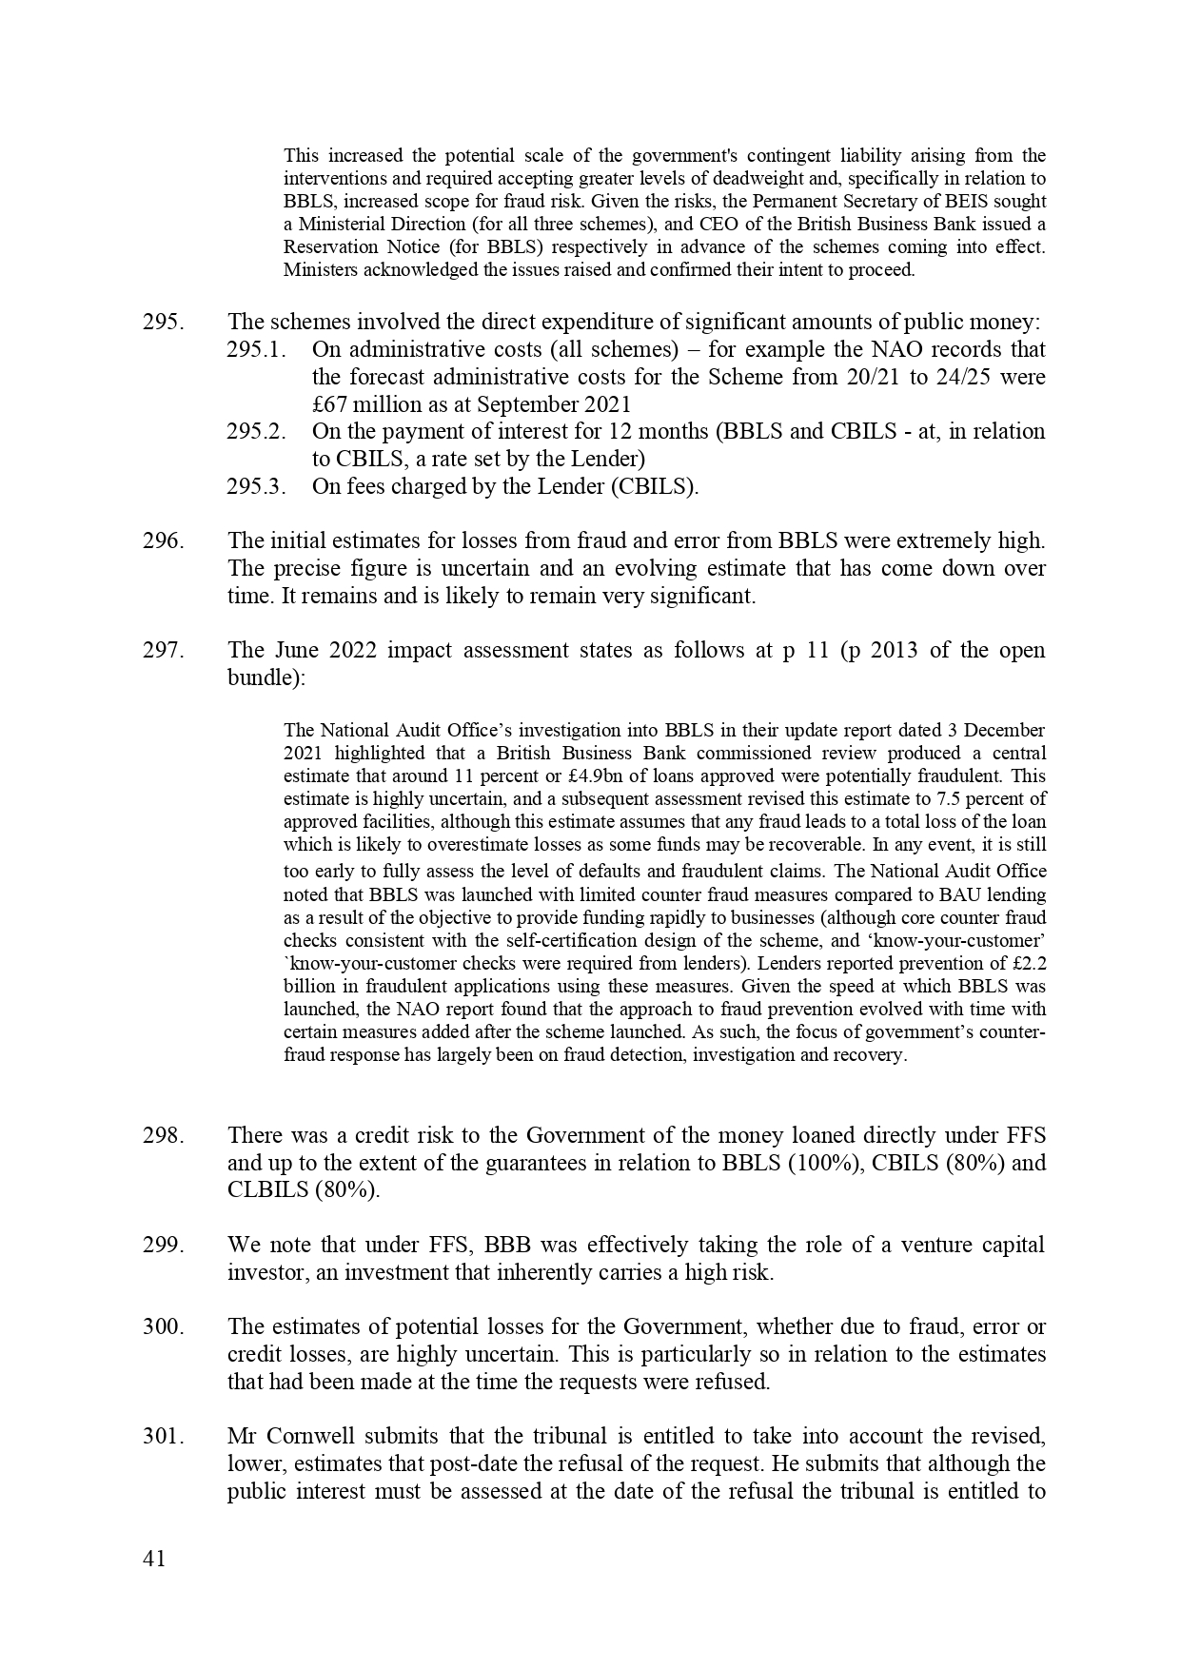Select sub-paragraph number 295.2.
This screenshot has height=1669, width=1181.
coord(256,431)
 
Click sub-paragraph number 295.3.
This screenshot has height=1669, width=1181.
coord(256,486)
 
